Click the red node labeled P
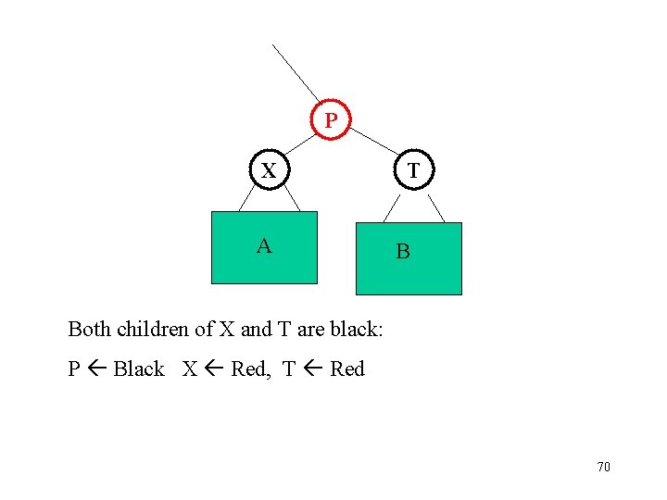(x=330, y=120)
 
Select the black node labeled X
(x=269, y=170)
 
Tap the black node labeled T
(x=413, y=171)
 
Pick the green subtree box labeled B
(x=409, y=258)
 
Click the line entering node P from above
(x=296, y=72)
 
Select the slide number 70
(x=603, y=467)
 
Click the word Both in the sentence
(x=88, y=329)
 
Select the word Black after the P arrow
(x=139, y=369)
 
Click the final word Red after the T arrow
(x=347, y=369)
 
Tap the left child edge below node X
(x=248, y=199)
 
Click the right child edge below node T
(x=437, y=206)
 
